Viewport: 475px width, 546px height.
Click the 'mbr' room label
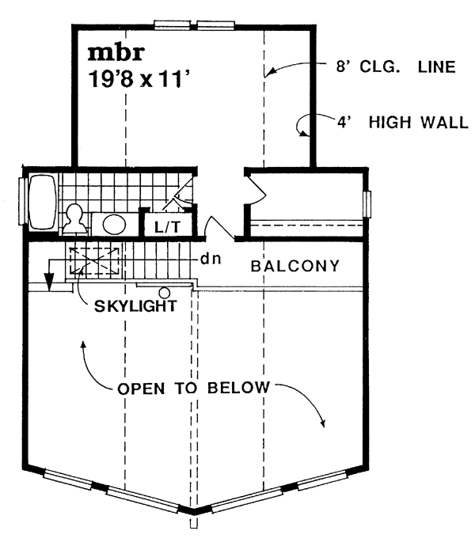click(116, 53)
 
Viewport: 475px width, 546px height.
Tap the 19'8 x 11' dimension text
click(141, 79)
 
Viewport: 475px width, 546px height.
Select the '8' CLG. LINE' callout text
click(396, 66)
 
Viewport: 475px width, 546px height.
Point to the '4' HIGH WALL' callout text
click(402, 122)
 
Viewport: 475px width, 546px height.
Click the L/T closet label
click(168, 227)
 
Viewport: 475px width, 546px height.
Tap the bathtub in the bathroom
click(44, 202)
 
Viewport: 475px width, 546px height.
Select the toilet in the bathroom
click(74, 219)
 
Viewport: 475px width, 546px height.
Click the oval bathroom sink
click(114, 224)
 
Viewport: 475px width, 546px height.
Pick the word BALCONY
click(294, 266)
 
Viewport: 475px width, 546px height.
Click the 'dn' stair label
click(211, 259)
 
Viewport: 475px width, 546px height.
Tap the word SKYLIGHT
click(135, 305)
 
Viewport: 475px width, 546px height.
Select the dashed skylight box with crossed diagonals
click(95, 261)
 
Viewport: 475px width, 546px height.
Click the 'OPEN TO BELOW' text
click(194, 389)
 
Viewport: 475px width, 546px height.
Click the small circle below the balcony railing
click(164, 293)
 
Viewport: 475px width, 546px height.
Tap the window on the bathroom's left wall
click(21, 201)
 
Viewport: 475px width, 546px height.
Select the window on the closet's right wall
click(367, 204)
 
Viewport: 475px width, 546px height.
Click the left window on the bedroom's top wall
click(172, 25)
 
